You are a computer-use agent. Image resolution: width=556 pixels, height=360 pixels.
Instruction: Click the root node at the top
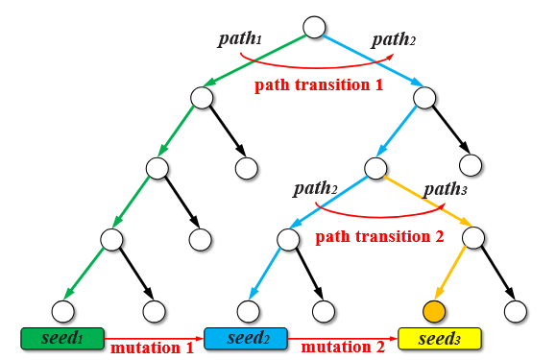click(x=315, y=28)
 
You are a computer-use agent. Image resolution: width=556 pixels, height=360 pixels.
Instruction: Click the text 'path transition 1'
click(x=318, y=85)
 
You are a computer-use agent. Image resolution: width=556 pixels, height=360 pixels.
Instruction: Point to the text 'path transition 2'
click(x=379, y=236)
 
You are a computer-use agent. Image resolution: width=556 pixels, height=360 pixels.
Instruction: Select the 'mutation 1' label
click(x=154, y=348)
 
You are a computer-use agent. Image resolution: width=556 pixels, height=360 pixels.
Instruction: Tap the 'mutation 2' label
click(x=341, y=348)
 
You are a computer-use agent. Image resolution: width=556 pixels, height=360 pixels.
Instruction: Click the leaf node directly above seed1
click(x=62, y=310)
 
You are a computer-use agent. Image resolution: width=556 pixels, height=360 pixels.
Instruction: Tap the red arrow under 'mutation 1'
click(x=154, y=337)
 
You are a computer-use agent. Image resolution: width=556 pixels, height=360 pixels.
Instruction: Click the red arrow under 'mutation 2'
click(x=341, y=337)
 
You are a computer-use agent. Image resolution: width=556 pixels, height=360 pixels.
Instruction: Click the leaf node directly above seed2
click(x=249, y=310)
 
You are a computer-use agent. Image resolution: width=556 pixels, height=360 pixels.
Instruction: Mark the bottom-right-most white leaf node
click(x=516, y=310)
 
